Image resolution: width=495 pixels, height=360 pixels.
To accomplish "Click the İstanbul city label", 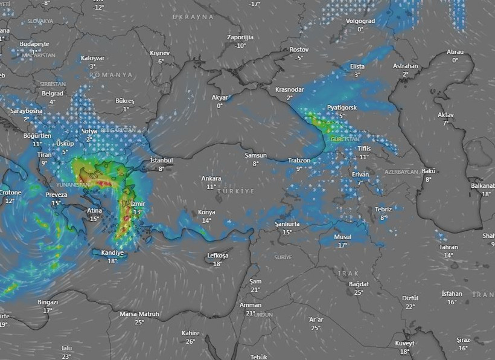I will (x=161, y=160).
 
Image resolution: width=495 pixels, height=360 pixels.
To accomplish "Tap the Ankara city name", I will (x=211, y=179).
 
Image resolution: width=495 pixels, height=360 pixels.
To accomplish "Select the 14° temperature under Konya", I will (x=206, y=220).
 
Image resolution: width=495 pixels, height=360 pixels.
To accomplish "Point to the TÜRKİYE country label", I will (x=236, y=191).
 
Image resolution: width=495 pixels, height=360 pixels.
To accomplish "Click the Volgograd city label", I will (x=360, y=21).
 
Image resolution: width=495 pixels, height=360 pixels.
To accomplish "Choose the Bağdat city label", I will (x=359, y=284).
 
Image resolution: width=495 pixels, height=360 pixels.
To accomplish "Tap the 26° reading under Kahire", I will (x=190, y=341).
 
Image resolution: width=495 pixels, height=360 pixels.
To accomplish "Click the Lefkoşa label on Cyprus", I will (x=217, y=256).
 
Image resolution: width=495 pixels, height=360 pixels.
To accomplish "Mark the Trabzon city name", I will (x=299, y=161).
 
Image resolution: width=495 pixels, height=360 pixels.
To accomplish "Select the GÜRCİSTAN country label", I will (x=345, y=139).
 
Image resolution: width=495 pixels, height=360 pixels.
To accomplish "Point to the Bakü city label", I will (x=429, y=171).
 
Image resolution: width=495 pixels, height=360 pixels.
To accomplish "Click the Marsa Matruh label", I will (x=139, y=314).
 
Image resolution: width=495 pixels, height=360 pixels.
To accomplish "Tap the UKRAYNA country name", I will (x=193, y=17).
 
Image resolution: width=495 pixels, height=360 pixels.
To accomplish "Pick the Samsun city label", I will (x=255, y=155).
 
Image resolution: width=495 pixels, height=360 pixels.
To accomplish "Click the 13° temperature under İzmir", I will (x=138, y=212).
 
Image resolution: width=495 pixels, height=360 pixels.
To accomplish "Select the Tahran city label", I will (x=449, y=247).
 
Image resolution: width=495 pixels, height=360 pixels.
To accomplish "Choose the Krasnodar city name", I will (x=289, y=89).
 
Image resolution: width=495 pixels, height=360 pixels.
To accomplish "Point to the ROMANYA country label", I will (x=110, y=75).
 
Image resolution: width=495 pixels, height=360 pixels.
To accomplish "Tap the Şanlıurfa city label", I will (x=287, y=224).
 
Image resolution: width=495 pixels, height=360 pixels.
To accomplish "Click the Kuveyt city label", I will (x=404, y=343).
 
